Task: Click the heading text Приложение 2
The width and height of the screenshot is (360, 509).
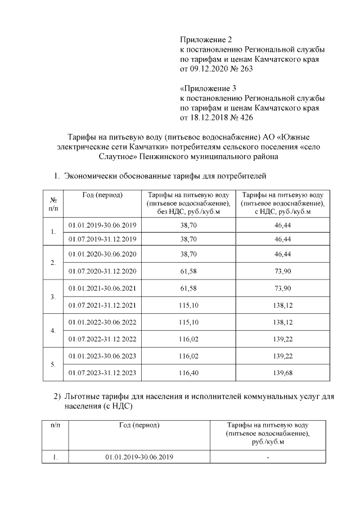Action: [206, 39]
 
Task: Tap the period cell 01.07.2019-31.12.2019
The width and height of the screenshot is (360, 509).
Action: [102, 238]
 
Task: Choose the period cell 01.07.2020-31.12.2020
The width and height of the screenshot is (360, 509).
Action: [102, 272]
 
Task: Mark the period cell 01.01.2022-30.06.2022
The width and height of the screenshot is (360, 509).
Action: [102, 322]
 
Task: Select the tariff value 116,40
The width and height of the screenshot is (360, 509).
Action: [188, 372]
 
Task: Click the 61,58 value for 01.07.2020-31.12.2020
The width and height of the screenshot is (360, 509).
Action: [188, 272]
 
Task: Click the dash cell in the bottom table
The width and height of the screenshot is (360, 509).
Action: [268, 457]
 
